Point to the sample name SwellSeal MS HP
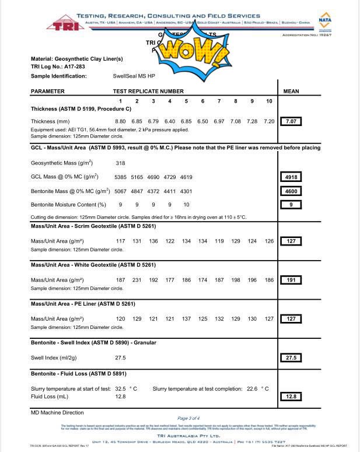coord(134,76)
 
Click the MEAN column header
coord(291,92)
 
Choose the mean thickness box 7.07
coord(291,121)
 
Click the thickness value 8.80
coord(121,121)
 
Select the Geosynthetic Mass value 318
coord(121,163)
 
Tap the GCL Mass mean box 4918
coord(291,177)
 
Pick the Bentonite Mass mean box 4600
coord(291,191)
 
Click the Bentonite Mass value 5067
coord(121,191)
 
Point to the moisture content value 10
coord(186,205)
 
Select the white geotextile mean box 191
coord(291,280)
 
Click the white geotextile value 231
coord(137,280)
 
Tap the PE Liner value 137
coord(186,319)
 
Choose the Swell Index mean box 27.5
coord(291,358)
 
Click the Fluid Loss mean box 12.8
coord(291,397)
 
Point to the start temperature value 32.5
coord(121,388)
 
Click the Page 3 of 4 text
coord(188,418)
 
